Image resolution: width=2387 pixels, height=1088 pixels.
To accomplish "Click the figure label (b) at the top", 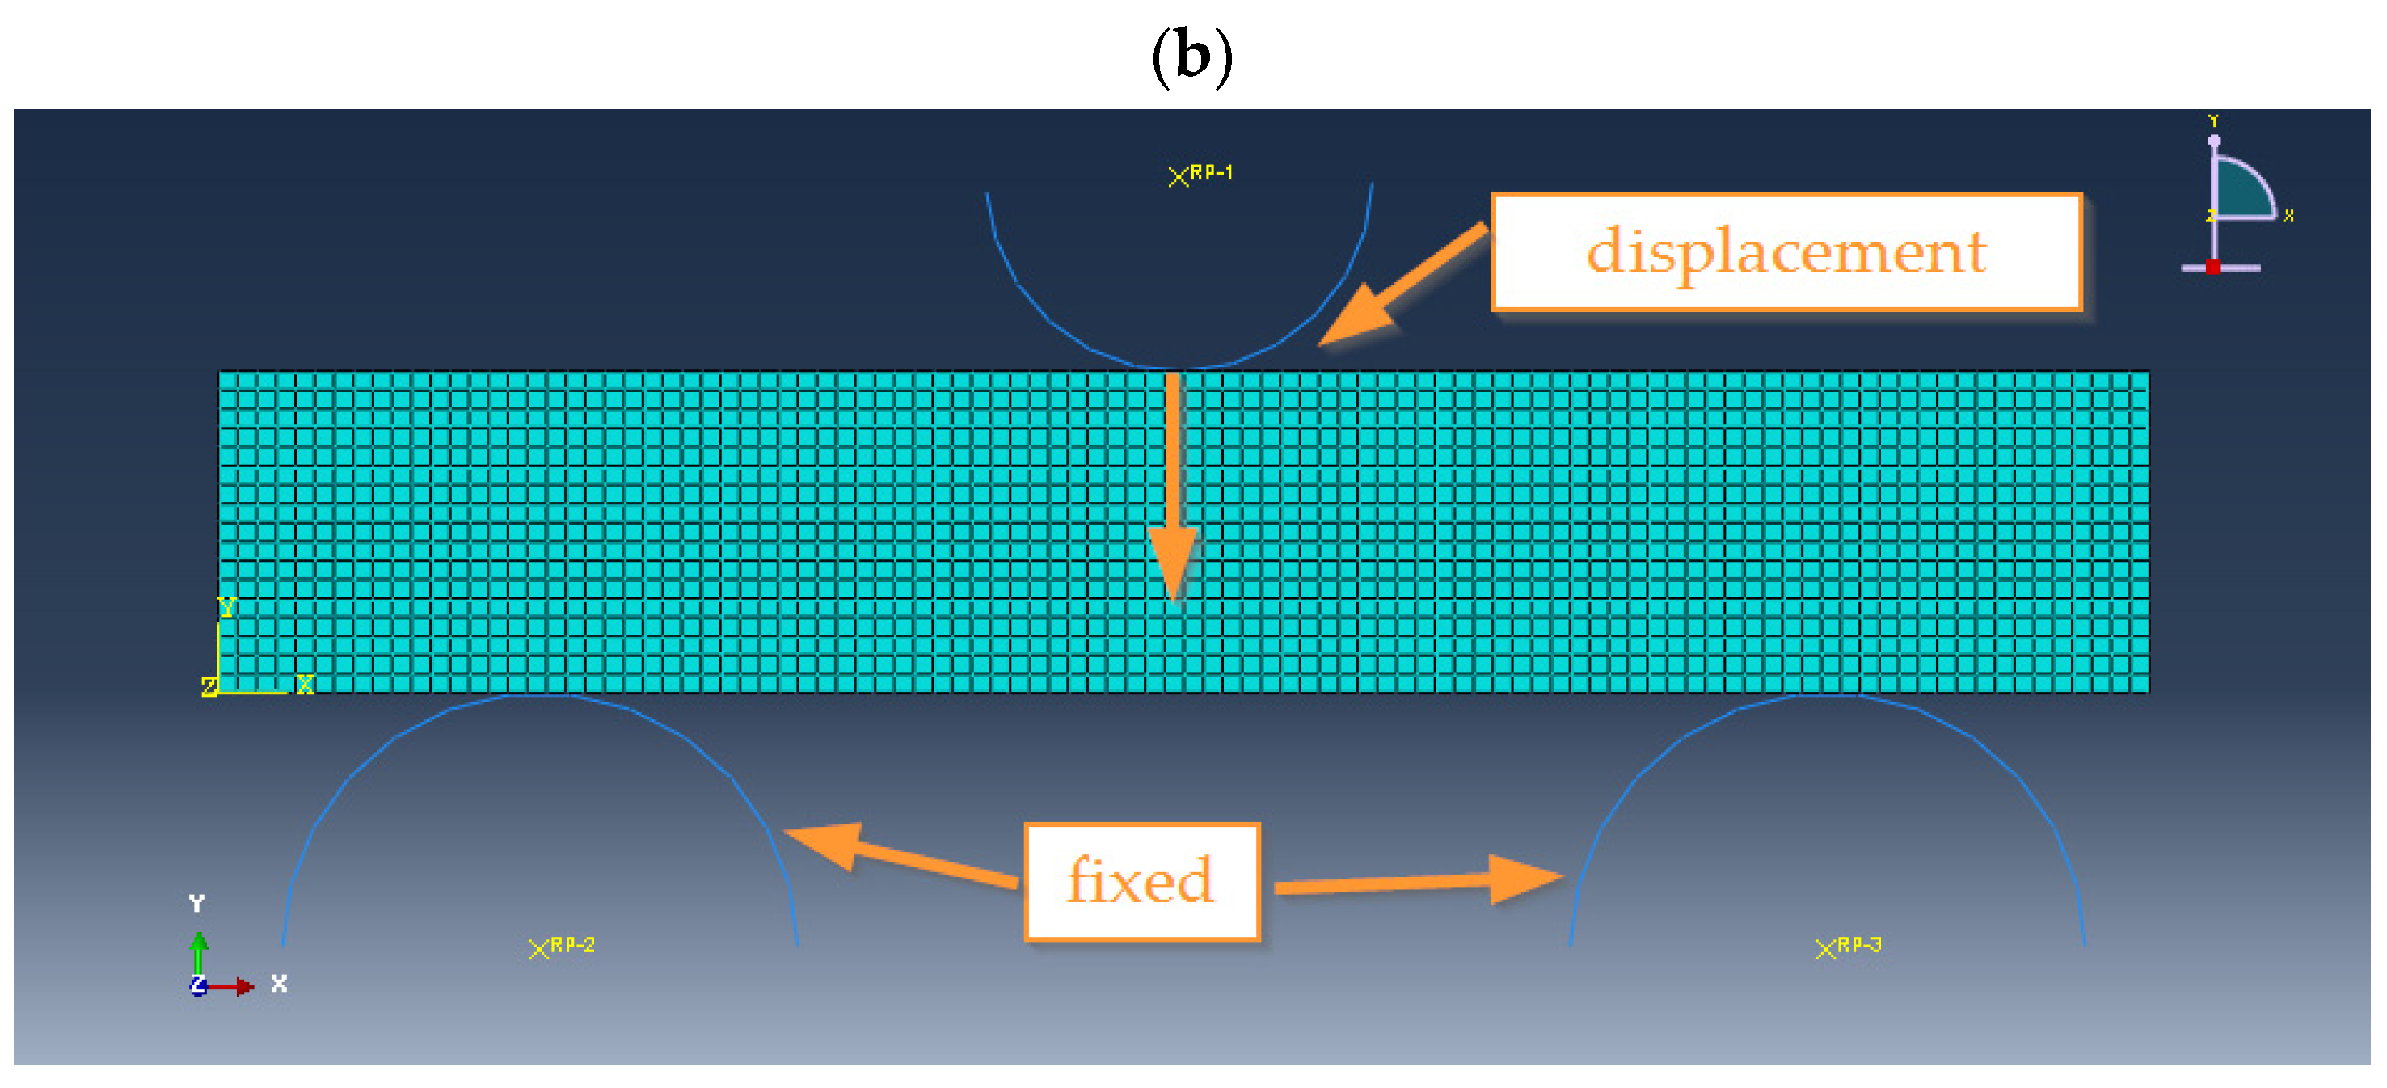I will [1191, 56].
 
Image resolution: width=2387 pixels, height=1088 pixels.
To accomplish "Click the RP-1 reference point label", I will [1211, 172].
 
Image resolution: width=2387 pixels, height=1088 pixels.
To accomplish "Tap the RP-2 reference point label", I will [571, 944].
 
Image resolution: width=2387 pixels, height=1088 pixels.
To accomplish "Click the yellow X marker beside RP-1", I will [1177, 176].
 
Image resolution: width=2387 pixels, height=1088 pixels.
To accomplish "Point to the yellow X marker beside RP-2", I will [538, 949].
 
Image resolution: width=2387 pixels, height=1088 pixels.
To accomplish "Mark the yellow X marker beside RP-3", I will [1824, 949].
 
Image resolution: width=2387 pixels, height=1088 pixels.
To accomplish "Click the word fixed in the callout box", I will [1140, 880].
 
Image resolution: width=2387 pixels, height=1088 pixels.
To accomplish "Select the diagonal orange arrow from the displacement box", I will [1399, 285].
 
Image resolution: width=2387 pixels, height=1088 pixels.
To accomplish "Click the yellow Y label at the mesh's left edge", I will [226, 607].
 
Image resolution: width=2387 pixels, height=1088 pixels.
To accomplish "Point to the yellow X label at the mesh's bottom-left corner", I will [305, 684].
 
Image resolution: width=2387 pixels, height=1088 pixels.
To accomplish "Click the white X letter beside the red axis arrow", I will [279, 983].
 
